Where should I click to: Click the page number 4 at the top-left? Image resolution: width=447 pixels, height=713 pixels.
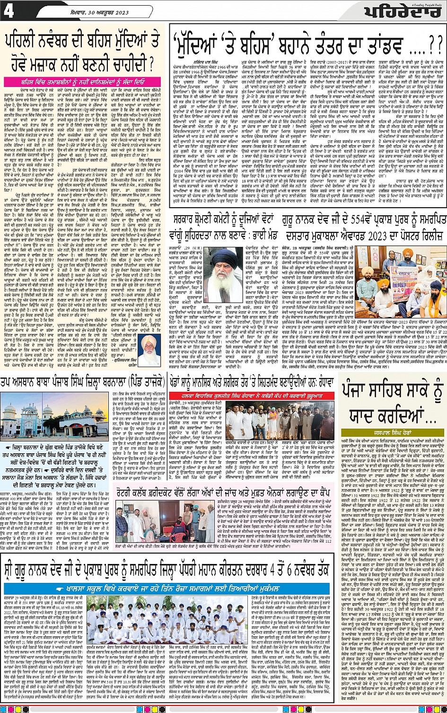click(9, 10)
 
